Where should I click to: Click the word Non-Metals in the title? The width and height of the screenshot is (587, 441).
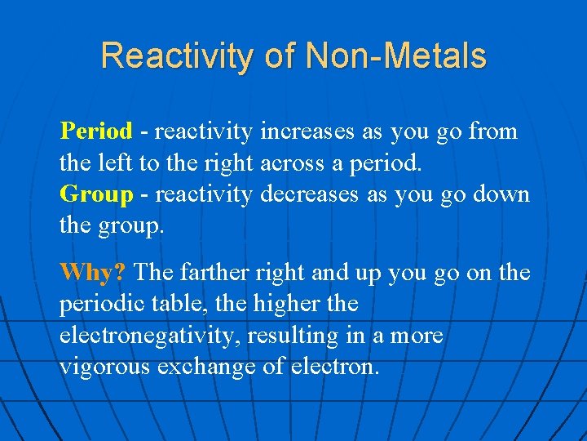coord(395,56)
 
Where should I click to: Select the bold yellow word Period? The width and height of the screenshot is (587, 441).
coord(95,131)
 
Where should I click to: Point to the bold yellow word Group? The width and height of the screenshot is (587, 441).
coord(96,194)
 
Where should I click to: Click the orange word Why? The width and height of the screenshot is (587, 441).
coord(94,272)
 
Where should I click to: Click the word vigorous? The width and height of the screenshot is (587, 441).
coord(107,367)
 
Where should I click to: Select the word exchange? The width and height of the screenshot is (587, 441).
coord(210,367)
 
